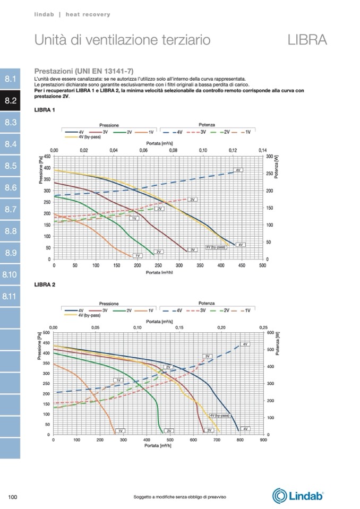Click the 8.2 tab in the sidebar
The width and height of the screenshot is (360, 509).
(11, 100)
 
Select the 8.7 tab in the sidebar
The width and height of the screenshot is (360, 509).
(11, 210)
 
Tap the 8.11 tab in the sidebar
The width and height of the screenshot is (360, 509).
(11, 296)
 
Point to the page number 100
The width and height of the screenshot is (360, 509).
(14, 497)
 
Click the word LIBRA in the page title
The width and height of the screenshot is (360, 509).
(307, 39)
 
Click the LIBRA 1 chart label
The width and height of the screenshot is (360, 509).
(45, 110)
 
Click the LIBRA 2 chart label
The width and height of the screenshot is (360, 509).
(45, 285)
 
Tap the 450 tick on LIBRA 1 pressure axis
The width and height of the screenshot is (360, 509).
(48, 157)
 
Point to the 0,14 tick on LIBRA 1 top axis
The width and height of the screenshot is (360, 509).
(262, 151)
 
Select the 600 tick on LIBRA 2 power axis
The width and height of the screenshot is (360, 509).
(269, 333)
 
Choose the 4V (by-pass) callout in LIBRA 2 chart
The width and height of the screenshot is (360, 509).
(219, 416)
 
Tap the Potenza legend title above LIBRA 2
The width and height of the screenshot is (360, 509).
(207, 303)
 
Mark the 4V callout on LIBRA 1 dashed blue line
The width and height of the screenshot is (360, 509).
(239, 170)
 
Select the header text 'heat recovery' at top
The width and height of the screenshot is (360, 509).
(88, 14)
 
